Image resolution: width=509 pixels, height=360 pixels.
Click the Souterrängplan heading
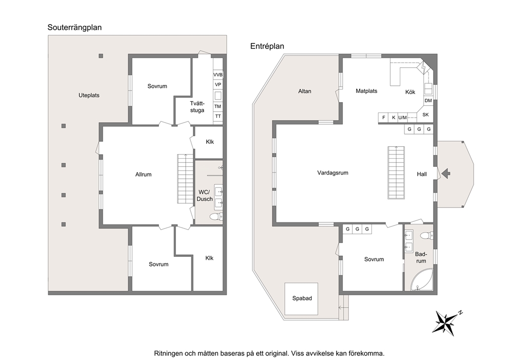click(75, 27)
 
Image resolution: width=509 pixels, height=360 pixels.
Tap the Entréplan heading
click(267, 46)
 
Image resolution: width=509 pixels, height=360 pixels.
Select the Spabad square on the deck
click(301, 298)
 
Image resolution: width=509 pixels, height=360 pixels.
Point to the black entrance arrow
click(446, 173)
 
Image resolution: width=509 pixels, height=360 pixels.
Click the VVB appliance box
click(218, 75)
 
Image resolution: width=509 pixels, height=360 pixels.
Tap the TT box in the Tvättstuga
click(218, 116)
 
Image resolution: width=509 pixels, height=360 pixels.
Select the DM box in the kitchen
click(428, 101)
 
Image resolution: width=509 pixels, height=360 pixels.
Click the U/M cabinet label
click(402, 118)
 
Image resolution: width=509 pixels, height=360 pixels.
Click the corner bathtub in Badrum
click(421, 280)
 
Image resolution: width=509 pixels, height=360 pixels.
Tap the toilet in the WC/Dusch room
click(216, 216)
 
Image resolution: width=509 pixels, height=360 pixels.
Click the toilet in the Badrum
click(426, 235)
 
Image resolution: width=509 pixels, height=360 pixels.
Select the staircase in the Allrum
click(185, 179)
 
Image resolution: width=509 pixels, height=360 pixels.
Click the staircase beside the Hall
click(396, 173)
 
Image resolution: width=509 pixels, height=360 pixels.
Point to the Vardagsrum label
click(332, 173)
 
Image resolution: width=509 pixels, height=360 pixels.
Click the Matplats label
click(366, 91)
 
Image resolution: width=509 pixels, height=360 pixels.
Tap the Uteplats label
click(89, 95)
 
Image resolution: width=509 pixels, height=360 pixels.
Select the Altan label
click(304, 91)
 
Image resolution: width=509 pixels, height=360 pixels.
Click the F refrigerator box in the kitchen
click(384, 118)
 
